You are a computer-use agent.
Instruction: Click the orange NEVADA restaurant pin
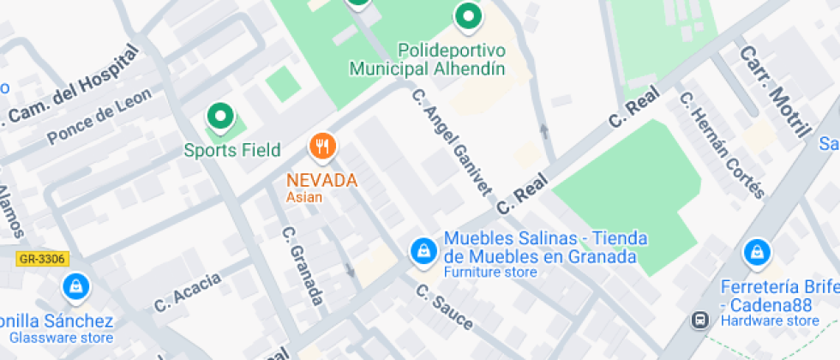[x=322, y=147]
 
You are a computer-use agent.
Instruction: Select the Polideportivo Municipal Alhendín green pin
[x=467, y=16]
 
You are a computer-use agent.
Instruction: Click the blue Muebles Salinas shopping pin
[x=423, y=250]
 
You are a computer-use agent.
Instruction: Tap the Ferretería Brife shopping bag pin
[x=756, y=251]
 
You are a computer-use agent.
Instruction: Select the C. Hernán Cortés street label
[x=721, y=144]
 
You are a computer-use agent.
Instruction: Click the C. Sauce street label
[x=444, y=307]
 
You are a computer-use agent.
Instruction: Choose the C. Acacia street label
[x=187, y=291]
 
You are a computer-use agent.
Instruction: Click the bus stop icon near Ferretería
[x=700, y=320]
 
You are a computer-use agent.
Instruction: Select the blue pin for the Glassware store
[x=76, y=287]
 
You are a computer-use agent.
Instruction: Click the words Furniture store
[x=490, y=273]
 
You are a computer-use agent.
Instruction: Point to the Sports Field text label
[x=232, y=151]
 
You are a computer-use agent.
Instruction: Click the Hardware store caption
[x=770, y=321]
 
